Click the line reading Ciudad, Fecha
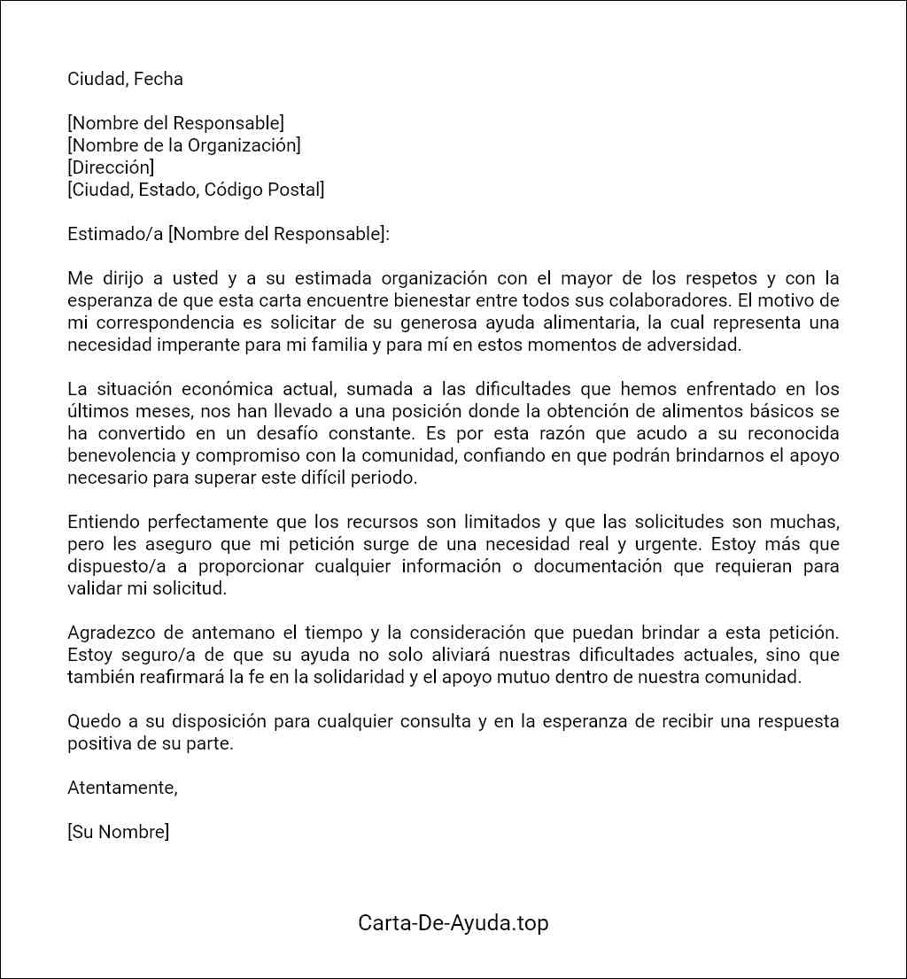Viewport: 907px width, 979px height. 125,79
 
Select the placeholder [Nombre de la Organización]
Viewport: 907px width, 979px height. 184,145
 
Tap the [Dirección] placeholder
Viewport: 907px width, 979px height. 111,167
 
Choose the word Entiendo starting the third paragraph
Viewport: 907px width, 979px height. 103,522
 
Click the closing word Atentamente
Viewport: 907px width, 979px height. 122,788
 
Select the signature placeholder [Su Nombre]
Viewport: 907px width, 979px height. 118,832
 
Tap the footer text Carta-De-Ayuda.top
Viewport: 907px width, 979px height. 453,922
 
